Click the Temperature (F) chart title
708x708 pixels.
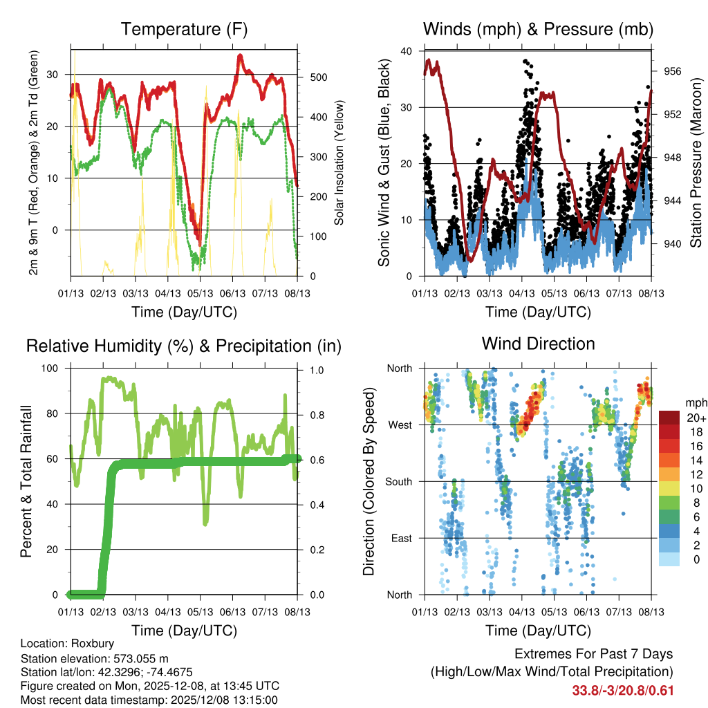(x=184, y=29)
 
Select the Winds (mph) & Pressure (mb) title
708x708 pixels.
(x=538, y=29)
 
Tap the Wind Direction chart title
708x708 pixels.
(x=538, y=344)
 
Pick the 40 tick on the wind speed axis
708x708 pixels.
(x=407, y=51)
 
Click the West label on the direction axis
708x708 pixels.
(x=399, y=425)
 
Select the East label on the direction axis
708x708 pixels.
(x=400, y=538)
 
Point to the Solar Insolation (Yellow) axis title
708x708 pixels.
(x=339, y=163)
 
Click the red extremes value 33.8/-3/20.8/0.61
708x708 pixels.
(x=623, y=691)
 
